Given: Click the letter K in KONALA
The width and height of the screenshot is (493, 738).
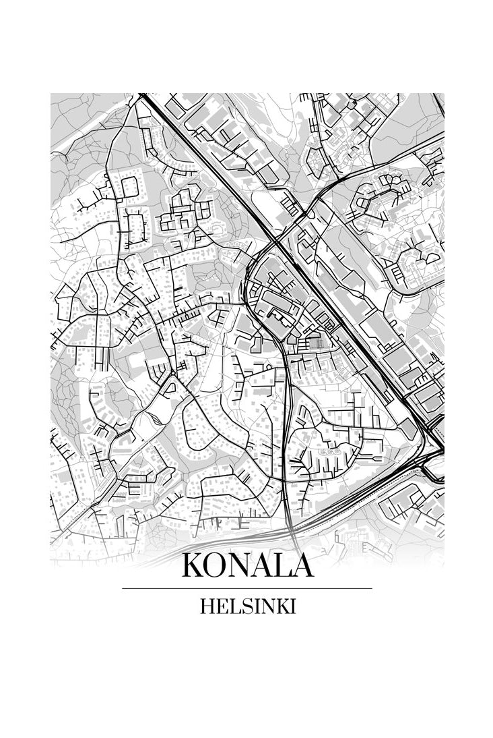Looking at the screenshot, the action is [x=193, y=566].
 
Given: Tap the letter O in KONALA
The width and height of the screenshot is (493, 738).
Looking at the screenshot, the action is [x=217, y=566].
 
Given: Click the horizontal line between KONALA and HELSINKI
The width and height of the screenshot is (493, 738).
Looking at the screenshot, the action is [x=247, y=588].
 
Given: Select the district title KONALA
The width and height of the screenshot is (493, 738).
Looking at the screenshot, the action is [x=247, y=566].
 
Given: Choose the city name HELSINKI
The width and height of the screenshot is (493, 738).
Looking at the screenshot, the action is [x=247, y=606].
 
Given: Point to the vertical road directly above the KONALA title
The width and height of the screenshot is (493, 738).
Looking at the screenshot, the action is [x=288, y=472].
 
